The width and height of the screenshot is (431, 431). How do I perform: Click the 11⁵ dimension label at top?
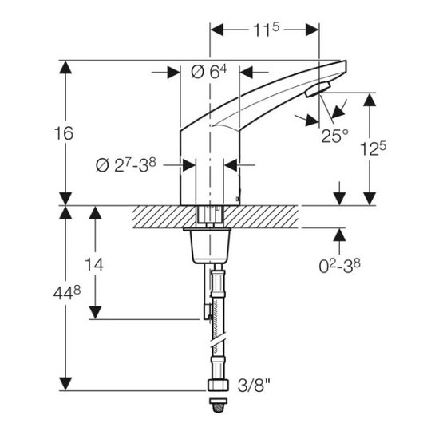pyautogui.click(x=266, y=30)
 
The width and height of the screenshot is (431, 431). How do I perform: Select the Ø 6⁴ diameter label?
pyautogui.click(x=208, y=73)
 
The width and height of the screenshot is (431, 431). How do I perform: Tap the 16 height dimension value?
pyautogui.click(x=64, y=133)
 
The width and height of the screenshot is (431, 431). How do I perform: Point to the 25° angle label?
pyautogui.click(x=334, y=136)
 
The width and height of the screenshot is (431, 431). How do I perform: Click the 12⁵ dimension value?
pyautogui.click(x=373, y=148)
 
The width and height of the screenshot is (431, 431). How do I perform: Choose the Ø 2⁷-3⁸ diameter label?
pyautogui.click(x=126, y=165)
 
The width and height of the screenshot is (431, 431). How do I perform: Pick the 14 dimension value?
pyautogui.click(x=94, y=265)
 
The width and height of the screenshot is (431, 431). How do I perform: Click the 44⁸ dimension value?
pyautogui.click(x=67, y=293)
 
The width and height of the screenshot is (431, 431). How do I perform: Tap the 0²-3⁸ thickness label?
pyautogui.click(x=339, y=266)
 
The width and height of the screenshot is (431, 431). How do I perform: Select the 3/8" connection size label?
pyautogui.click(x=254, y=386)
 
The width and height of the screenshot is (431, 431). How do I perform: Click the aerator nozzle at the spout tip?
pyautogui.click(x=318, y=89)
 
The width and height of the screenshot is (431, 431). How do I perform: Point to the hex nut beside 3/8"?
pyautogui.click(x=218, y=385)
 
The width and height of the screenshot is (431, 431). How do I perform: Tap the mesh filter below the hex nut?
pyautogui.click(x=218, y=405)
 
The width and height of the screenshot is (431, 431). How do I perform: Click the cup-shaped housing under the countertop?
pyautogui.click(x=211, y=246)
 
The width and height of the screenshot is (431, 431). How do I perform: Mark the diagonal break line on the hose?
pyautogui.click(x=218, y=342)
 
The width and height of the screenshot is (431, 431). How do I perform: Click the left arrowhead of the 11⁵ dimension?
pyautogui.click(x=216, y=30)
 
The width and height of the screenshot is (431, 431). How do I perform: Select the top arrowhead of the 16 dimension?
pyautogui.click(x=65, y=67)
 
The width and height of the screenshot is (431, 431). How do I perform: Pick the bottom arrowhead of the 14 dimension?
pyautogui.click(x=96, y=313)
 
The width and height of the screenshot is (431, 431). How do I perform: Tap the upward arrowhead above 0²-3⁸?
pyautogui.click(x=339, y=235)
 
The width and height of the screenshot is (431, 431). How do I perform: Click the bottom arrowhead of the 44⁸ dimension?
pyautogui.click(x=65, y=384)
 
